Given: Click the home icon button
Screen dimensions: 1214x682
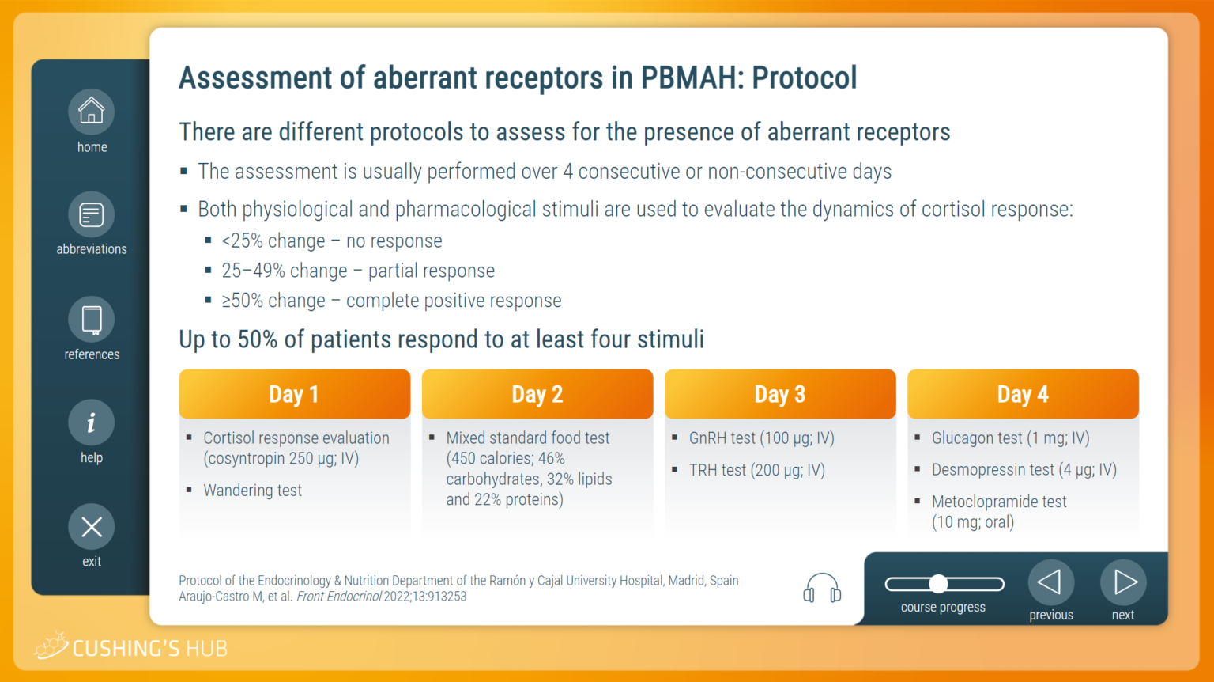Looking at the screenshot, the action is click(91, 112).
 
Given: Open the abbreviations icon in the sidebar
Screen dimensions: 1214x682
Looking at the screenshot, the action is click(91, 214).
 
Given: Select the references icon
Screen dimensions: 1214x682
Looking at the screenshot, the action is click(91, 319).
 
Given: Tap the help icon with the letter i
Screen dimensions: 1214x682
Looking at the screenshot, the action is click(91, 422).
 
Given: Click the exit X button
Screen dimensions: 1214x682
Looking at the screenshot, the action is click(91, 527).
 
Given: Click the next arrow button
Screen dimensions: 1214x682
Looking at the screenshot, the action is click(1123, 583).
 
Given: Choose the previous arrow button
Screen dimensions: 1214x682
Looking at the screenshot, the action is click(1051, 583).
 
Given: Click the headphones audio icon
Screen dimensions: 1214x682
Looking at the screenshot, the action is click(822, 588).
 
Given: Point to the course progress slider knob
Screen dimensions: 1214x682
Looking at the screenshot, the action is click(939, 584).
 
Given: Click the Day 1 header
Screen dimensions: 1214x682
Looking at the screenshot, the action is click(294, 394).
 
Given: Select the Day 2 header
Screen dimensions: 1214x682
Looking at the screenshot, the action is click(537, 394).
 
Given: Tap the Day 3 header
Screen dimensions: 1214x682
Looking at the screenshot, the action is click(780, 394).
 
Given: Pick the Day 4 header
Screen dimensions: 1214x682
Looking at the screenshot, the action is click(1023, 394).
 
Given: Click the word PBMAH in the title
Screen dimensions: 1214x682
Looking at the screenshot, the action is click(692, 78).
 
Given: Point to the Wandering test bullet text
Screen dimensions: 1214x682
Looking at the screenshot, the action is click(253, 491).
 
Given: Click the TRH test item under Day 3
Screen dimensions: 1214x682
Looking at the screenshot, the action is click(756, 470).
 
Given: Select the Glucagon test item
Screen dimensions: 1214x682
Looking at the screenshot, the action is click(1010, 438).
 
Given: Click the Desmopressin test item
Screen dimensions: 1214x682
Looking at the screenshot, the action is click(1024, 470).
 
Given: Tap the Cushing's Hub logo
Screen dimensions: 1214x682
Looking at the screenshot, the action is click(130, 646).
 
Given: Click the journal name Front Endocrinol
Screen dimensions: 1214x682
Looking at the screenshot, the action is click(339, 597).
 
